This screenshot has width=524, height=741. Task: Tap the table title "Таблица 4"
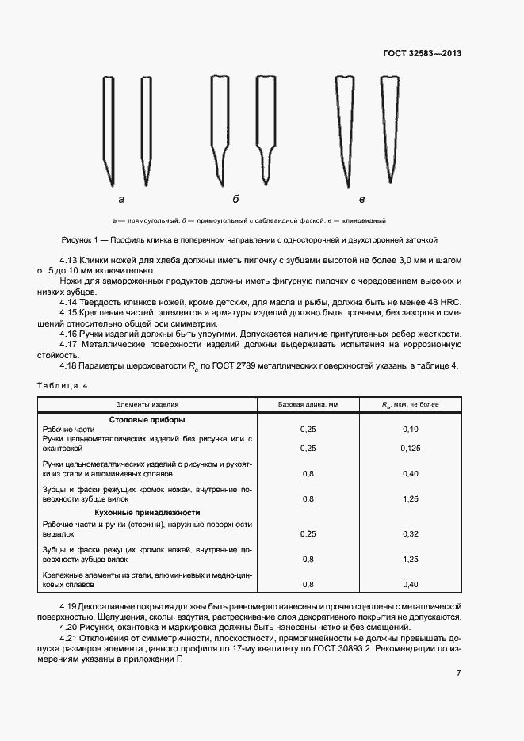[x=63, y=385]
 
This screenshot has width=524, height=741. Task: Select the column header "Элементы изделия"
[x=147, y=404]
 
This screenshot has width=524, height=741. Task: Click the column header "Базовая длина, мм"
[x=308, y=404]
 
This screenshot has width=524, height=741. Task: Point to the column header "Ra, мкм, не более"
[x=410, y=404]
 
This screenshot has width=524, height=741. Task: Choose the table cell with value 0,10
[x=410, y=429]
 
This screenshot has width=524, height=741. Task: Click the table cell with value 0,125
[x=410, y=448]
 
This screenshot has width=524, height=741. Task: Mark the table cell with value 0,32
[x=410, y=533]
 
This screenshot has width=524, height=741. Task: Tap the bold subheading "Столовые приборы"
[x=147, y=419]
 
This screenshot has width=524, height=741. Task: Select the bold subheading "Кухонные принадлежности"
[x=147, y=513]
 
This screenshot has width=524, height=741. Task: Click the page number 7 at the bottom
[x=458, y=673]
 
